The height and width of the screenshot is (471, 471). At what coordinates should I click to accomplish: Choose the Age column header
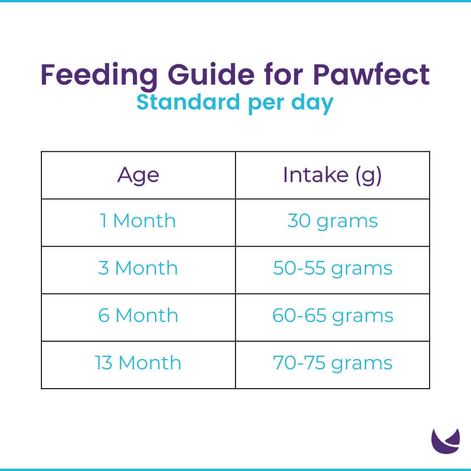(138, 175)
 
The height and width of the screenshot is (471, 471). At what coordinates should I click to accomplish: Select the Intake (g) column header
(332, 175)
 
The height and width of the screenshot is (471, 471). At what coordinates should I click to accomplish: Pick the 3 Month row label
(138, 268)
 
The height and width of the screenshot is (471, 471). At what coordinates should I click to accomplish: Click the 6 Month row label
(138, 316)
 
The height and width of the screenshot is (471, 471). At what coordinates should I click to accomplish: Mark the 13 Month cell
(138, 363)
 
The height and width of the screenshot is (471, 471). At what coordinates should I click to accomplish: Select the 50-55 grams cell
(332, 268)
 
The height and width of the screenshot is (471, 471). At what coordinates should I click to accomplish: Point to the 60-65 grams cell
(332, 316)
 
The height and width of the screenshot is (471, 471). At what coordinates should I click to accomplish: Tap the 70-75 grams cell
(332, 363)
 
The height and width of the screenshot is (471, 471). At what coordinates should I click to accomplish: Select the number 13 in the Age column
(104, 363)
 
